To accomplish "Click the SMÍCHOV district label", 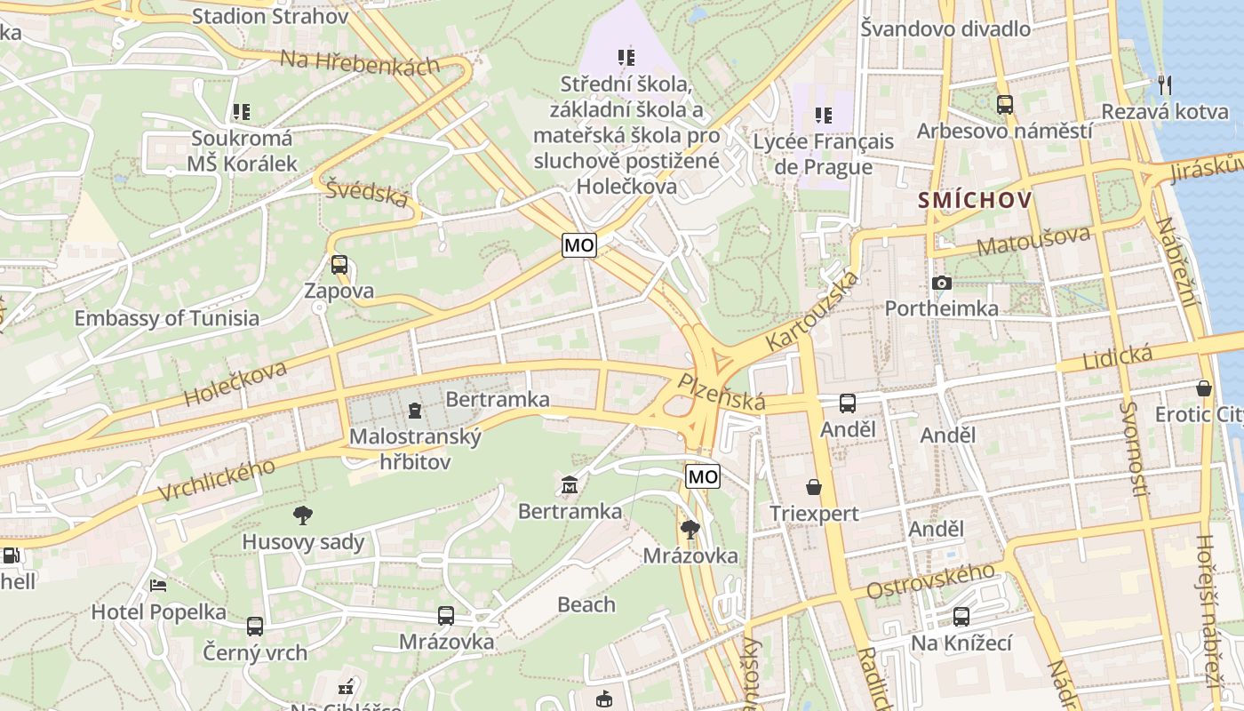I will click(x=976, y=200).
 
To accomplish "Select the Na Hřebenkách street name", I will click(x=360, y=61).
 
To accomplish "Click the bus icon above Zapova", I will click(x=339, y=264).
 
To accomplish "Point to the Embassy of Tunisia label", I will click(x=167, y=318).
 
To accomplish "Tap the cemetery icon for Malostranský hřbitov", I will click(x=414, y=410).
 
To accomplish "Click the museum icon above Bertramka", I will click(x=570, y=485).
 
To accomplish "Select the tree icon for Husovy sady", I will click(x=303, y=515).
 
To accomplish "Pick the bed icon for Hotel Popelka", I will click(x=158, y=586).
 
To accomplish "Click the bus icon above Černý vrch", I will click(x=255, y=626).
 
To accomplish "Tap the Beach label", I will click(x=586, y=604).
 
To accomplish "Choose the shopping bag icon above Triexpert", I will click(x=813, y=487).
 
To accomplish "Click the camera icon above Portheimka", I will click(x=942, y=283).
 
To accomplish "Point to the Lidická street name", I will click(x=1118, y=357).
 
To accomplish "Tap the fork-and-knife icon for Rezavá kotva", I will click(x=1165, y=85).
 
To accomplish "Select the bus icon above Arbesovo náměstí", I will click(x=1004, y=104).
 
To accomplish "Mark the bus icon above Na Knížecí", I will click(x=961, y=616).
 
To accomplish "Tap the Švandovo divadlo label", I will click(x=945, y=28).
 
